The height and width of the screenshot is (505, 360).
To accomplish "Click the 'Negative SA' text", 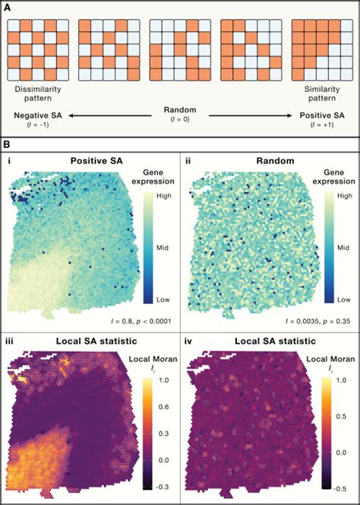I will (32, 115).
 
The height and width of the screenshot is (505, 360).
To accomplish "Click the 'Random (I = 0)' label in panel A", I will (180, 115).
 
